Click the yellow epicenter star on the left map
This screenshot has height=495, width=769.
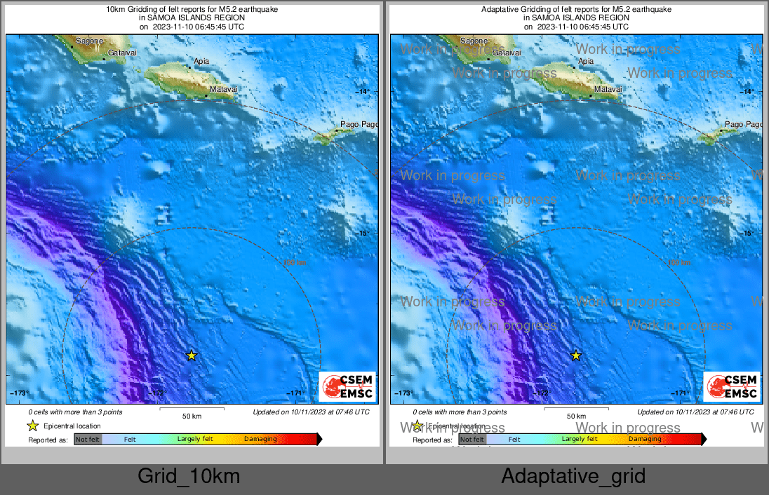191,355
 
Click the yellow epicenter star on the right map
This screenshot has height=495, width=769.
576,355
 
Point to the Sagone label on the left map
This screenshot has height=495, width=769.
89,41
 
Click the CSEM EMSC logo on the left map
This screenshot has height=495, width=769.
348,386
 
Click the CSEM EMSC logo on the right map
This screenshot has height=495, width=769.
733,386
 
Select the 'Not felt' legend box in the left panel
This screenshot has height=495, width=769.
88,440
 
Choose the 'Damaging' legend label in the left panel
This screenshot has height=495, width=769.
260,440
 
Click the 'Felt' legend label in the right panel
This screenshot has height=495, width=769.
514,440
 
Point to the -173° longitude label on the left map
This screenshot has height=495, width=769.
18,393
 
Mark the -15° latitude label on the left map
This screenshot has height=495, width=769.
363,233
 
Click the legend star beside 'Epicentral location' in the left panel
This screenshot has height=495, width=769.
32,426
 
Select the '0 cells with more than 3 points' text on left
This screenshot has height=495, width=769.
75,412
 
